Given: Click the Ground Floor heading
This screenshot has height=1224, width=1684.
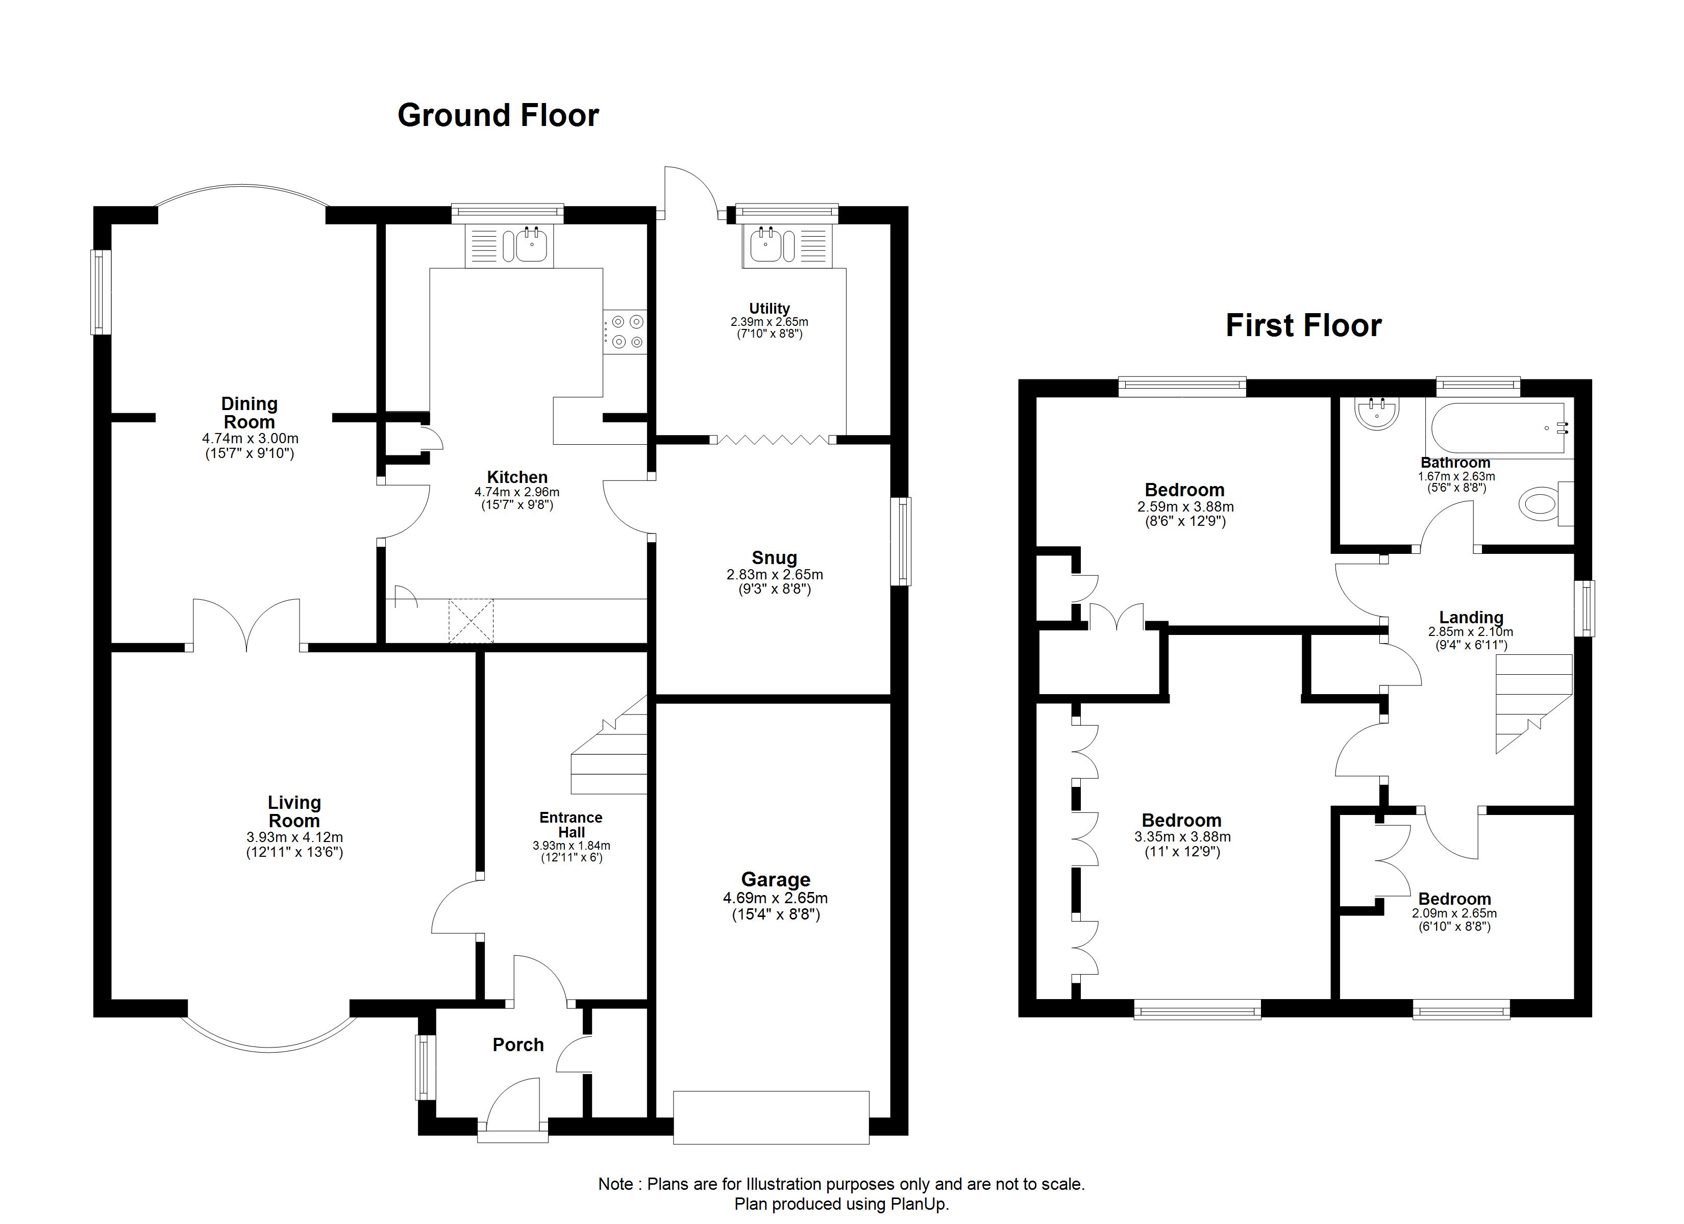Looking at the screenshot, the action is pyautogui.click(x=498, y=116).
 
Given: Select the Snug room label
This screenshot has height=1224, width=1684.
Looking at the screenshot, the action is pyautogui.click(x=775, y=557).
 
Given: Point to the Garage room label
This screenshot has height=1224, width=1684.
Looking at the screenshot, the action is pyautogui.click(x=776, y=880).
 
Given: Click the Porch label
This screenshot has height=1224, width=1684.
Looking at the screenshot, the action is pyautogui.click(x=518, y=1044).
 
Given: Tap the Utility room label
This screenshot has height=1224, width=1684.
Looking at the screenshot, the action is pyautogui.click(x=769, y=308).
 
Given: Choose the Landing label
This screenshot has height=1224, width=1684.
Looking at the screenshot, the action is pyautogui.click(x=1471, y=618).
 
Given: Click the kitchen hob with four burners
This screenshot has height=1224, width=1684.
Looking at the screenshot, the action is pyautogui.click(x=625, y=332).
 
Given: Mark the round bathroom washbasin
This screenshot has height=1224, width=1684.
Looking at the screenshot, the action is pyautogui.click(x=1377, y=414).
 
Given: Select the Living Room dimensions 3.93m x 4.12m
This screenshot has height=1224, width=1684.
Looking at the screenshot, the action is pyautogui.click(x=295, y=837).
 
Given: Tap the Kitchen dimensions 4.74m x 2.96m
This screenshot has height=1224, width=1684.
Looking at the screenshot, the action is pyautogui.click(x=517, y=492).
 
